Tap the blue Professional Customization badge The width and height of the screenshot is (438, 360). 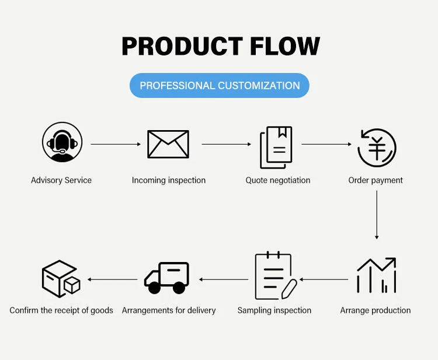pos(219,86)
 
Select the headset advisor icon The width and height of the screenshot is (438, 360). pos(62,142)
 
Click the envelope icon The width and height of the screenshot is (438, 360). pos(168,144)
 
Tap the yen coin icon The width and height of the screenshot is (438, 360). pos(377,148)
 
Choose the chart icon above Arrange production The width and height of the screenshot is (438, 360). pos(376,275)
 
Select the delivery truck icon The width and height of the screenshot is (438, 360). pos(167,277)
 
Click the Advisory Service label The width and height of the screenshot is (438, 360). pos(61,180)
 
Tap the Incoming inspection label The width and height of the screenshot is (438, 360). pos(169,180)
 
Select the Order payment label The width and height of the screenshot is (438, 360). pos(376,180)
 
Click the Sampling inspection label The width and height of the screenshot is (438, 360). pos(274,310)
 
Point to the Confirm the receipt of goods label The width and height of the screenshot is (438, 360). pos(61,310)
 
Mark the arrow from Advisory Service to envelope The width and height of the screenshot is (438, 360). pos(116,144)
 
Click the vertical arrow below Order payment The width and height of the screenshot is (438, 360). pos(377,215)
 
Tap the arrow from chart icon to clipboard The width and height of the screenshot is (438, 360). pos(324,279)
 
